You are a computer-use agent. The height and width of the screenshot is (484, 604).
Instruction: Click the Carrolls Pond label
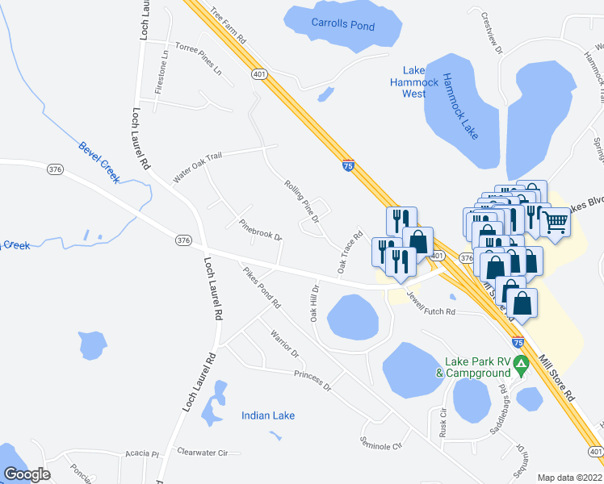pos(343,25)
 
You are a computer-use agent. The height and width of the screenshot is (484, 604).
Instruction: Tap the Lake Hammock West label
pos(413,82)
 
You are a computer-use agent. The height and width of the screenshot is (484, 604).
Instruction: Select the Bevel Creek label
pos(99,161)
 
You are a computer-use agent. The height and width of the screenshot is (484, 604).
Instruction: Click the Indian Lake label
pos(268,415)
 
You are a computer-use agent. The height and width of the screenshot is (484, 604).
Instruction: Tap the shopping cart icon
pos(556,220)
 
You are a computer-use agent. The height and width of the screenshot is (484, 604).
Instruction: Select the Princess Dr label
pos(313,381)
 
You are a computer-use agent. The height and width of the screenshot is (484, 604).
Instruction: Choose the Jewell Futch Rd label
pos(431,306)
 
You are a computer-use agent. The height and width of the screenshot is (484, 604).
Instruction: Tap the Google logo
pos(26,474)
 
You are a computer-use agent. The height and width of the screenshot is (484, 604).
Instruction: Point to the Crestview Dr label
pos(492,33)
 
